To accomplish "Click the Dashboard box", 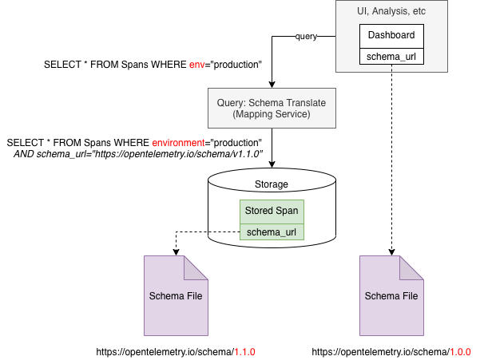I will coord(391,36).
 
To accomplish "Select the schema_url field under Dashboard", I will coord(391,56).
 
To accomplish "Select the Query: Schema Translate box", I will coord(272,109).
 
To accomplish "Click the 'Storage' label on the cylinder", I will coord(272,184).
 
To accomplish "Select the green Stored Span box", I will coord(272,211).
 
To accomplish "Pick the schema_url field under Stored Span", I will coord(272,231).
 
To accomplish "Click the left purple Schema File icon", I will coord(175,295).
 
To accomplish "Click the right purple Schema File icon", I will coord(391,295).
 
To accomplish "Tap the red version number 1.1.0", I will coord(244,351).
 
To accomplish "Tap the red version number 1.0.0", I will coord(459,351).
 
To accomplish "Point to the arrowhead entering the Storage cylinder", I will coord(272,165).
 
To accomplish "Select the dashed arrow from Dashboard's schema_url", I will coord(391,160).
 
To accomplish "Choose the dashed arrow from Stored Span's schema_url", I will coord(192,232).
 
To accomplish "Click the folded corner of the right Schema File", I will coord(413,267).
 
